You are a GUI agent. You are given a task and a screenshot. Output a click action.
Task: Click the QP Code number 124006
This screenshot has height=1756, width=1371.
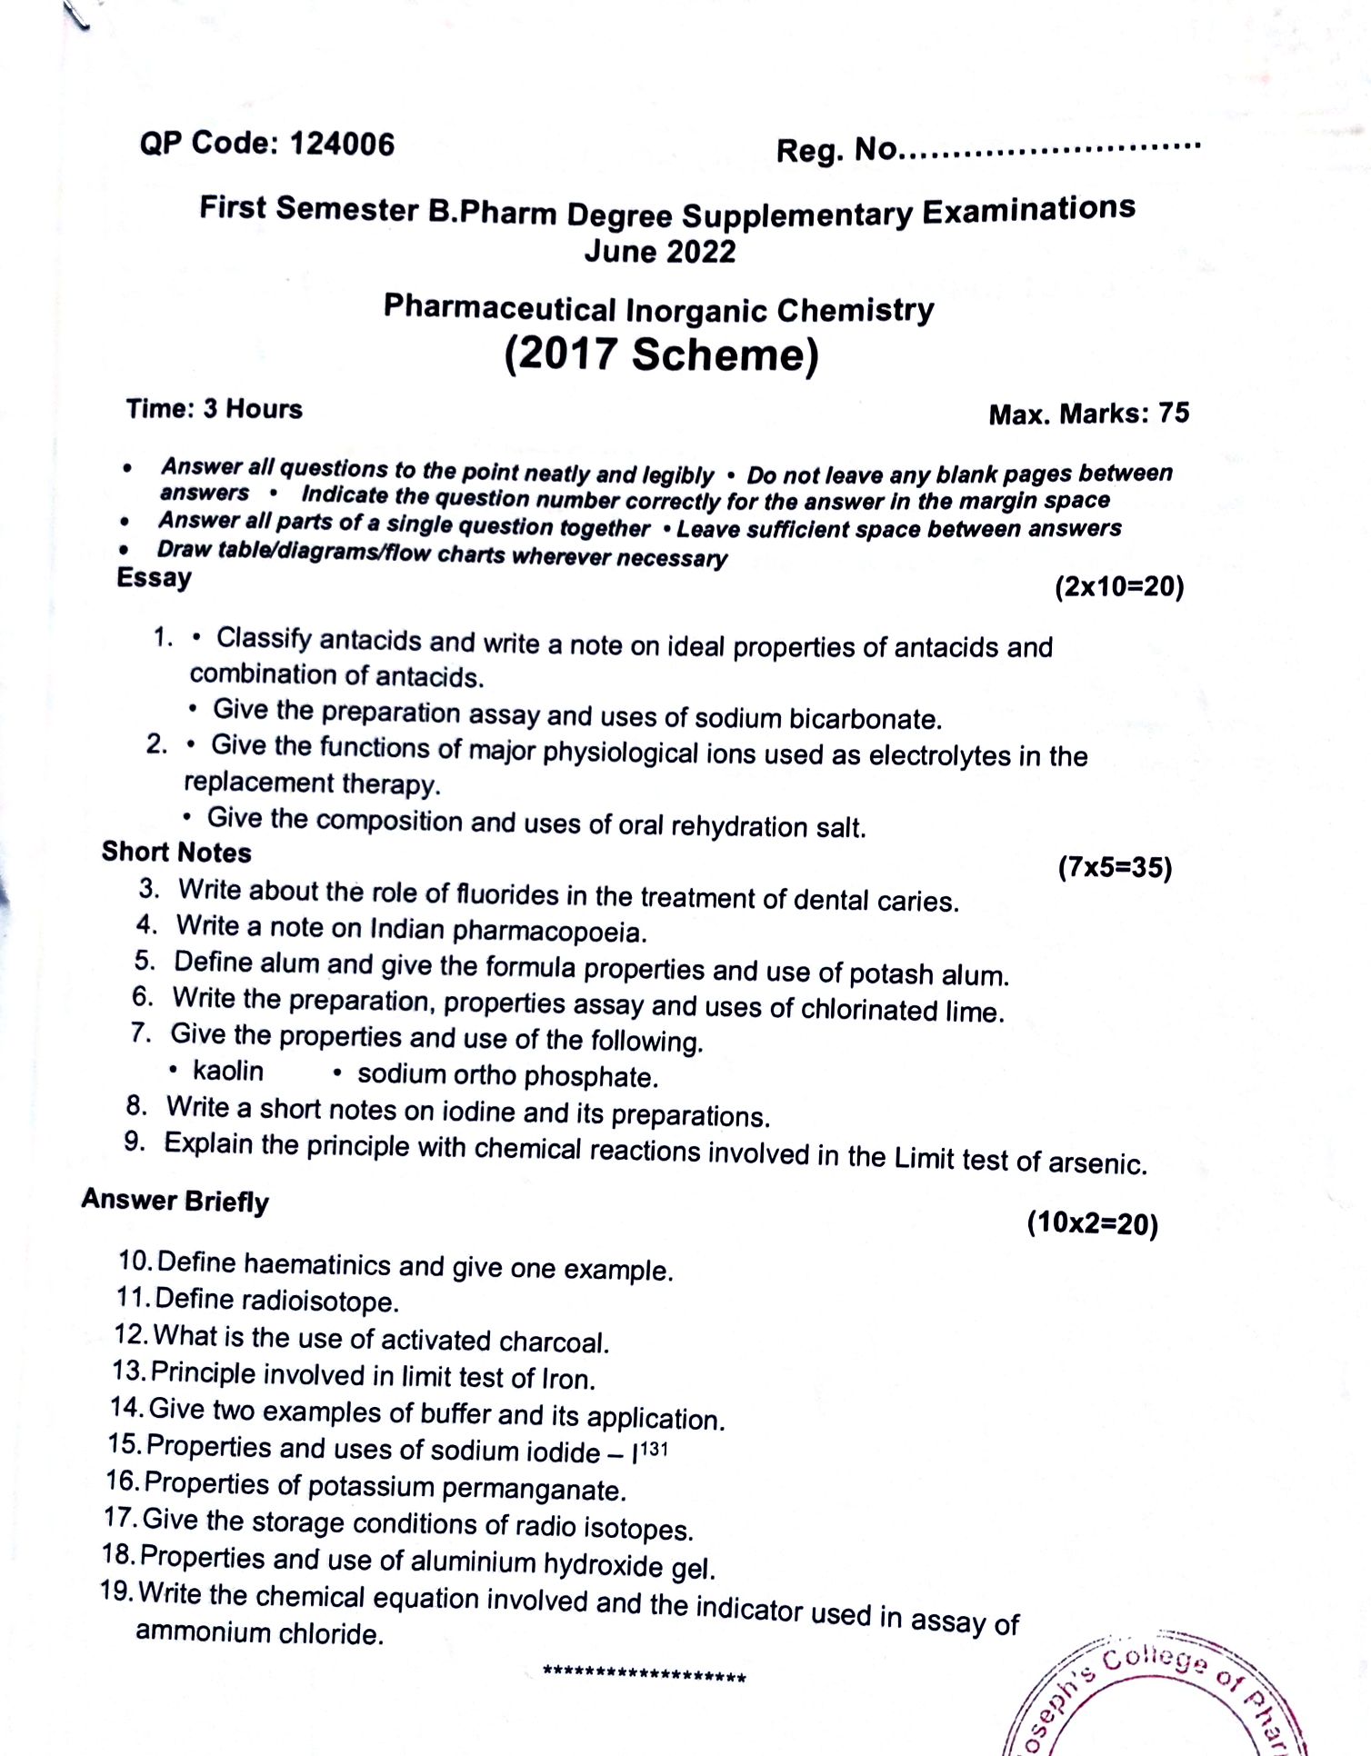pyautogui.click(x=342, y=145)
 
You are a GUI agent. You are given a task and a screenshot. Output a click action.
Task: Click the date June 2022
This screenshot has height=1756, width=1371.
pyautogui.click(x=660, y=252)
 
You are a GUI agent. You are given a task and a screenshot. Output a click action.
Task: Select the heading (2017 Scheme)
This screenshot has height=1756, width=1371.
pyautogui.click(x=661, y=354)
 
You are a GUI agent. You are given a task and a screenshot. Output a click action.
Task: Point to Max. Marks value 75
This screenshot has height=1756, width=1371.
pyautogui.click(x=1174, y=414)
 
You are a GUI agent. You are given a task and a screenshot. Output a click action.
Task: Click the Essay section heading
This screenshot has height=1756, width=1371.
pyautogui.click(x=154, y=578)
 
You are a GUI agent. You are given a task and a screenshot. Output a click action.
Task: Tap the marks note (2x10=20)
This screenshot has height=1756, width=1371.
pyautogui.click(x=1119, y=587)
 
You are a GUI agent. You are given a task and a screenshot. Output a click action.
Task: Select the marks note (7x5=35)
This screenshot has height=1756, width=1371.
pyautogui.click(x=1115, y=868)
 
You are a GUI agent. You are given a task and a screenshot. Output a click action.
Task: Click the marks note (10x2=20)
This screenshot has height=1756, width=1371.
pyautogui.click(x=1092, y=1223)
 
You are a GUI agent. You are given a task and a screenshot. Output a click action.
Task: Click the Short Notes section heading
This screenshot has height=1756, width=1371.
pyautogui.click(x=176, y=853)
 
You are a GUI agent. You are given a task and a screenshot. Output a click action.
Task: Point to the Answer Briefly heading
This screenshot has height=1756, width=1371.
pyautogui.click(x=175, y=1201)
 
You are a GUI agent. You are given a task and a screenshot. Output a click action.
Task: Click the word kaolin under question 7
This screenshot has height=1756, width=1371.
pyautogui.click(x=228, y=1072)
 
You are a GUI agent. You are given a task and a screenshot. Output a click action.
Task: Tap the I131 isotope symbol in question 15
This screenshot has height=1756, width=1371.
pyautogui.click(x=650, y=1451)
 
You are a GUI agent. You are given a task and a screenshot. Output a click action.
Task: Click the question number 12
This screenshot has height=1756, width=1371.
pyautogui.click(x=131, y=1335)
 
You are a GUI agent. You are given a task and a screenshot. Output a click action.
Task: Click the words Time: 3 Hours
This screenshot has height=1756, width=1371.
pyautogui.click(x=214, y=409)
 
